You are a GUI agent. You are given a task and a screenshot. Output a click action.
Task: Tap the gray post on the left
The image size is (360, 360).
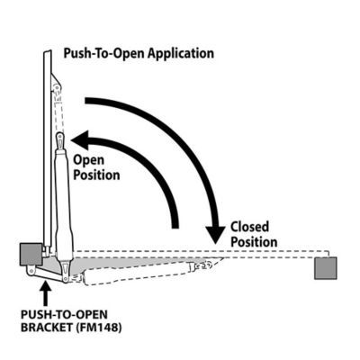pos(29,254)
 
